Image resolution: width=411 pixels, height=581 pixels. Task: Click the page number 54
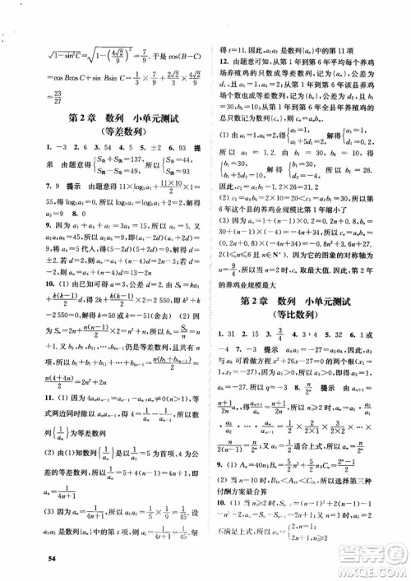tap(52, 560)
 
